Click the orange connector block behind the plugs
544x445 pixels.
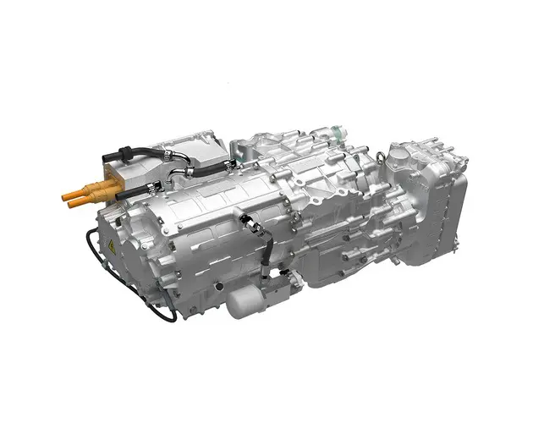coord(107,180)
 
